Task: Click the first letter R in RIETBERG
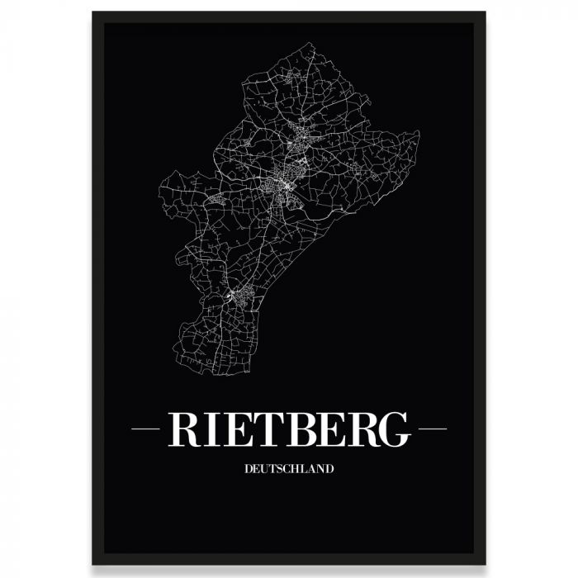pyautogui.click(x=182, y=429)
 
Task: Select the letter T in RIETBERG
pyautogui.click(x=262, y=429)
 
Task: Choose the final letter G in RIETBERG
pyautogui.click(x=391, y=429)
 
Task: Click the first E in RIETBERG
pyautogui.click(x=235, y=429)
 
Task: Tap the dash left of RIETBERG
pyautogui.click(x=145, y=429)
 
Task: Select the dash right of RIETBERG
pyautogui.click(x=433, y=429)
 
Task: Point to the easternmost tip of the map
pyautogui.click(x=419, y=132)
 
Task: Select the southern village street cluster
pyautogui.click(x=235, y=295)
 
